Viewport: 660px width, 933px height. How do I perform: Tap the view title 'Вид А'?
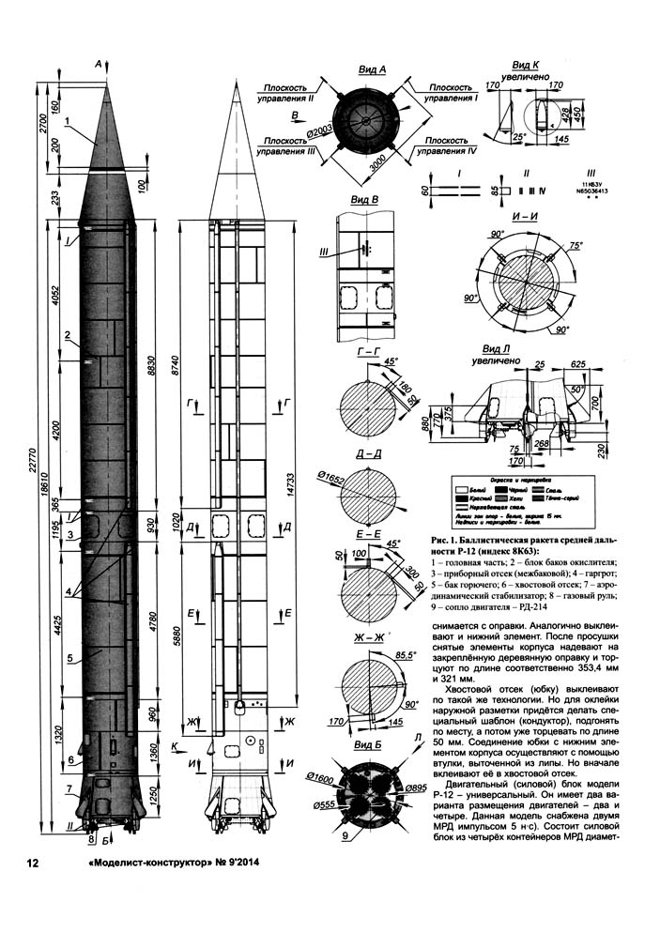[375, 70]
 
